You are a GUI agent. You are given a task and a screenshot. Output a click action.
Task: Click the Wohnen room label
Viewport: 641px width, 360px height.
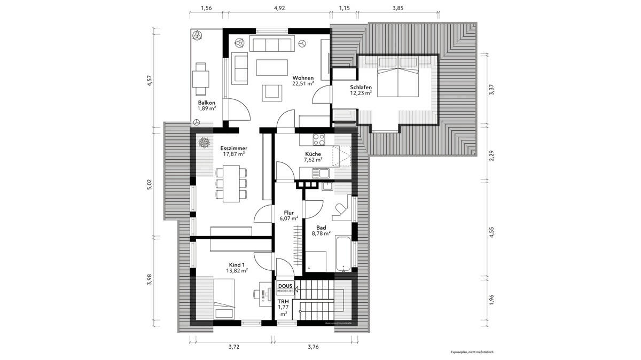coord(302,77)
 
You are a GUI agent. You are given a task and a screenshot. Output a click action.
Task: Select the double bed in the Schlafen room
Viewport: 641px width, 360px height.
coord(398,82)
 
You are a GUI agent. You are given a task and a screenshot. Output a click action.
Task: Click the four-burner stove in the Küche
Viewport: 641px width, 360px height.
coord(319,139)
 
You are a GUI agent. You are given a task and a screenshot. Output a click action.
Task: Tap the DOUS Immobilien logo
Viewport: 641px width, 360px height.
coord(285,288)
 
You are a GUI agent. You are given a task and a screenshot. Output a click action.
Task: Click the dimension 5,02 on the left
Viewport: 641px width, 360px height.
coord(150,184)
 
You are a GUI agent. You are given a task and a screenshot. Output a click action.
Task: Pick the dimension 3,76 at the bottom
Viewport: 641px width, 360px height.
coord(314,347)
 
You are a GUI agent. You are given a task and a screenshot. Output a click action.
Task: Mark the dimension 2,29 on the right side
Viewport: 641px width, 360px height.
coord(492,156)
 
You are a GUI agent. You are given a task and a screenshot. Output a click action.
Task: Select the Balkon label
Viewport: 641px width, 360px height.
coord(206,102)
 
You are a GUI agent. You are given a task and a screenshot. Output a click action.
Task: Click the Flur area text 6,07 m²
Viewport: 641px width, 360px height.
coord(288,218)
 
